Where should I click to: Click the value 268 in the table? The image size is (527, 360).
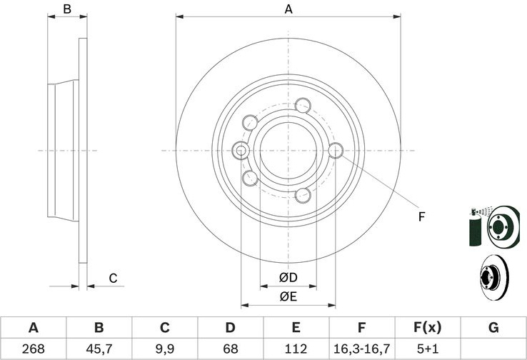[33, 349]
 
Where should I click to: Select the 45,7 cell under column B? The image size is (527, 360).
[99, 349]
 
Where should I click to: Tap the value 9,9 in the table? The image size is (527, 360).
[165, 349]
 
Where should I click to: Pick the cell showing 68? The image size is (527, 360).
[230, 349]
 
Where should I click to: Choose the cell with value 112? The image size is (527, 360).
[296, 349]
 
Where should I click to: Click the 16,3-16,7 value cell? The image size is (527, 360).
[361, 349]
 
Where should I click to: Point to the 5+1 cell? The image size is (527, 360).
[428, 349]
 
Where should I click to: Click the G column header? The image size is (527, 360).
[493, 327]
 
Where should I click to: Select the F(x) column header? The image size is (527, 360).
[428, 327]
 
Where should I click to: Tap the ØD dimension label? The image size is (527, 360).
[288, 277]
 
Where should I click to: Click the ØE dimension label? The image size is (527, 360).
[288, 296]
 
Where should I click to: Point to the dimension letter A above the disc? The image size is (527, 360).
[288, 9]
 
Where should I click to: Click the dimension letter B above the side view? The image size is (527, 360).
[67, 9]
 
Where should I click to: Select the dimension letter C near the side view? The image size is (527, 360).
[113, 279]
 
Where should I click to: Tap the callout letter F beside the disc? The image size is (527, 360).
[421, 217]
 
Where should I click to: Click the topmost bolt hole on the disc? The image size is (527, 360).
[303, 106]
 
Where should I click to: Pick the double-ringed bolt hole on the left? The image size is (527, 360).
[241, 150]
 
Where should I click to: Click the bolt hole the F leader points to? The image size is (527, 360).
[336, 150]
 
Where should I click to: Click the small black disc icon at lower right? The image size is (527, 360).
[494, 277]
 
